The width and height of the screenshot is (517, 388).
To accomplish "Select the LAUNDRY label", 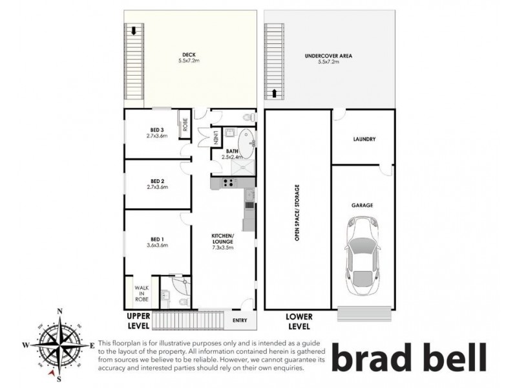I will click(364, 139).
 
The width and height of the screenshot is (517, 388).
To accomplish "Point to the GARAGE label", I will click(362, 205).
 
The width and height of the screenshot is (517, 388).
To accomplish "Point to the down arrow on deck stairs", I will click(134, 30).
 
